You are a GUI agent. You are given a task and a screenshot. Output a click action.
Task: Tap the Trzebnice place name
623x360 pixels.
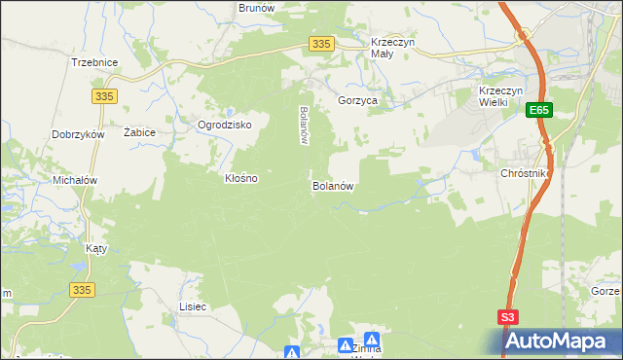94,62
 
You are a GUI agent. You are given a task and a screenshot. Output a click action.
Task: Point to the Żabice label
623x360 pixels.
140,131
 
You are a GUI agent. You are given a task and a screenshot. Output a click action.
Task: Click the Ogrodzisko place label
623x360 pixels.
225,126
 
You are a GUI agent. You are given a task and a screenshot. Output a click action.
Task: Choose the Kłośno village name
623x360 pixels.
241,179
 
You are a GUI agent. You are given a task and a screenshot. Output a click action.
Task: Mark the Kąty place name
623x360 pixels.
95,248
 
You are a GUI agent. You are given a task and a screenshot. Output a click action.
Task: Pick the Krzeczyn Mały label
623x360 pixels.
394,49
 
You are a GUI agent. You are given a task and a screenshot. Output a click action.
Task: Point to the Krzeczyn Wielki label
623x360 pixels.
501,97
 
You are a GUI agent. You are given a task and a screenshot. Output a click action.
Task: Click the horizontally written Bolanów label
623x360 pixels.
331,185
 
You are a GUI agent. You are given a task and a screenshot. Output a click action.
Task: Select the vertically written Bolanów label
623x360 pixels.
304,125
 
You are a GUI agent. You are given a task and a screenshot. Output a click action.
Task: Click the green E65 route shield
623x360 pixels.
540,112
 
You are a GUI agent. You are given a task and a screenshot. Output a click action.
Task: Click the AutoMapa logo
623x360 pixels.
562,341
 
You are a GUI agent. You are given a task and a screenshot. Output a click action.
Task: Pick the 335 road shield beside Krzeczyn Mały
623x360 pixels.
323,44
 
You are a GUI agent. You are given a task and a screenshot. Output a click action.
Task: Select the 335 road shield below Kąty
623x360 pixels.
82,289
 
